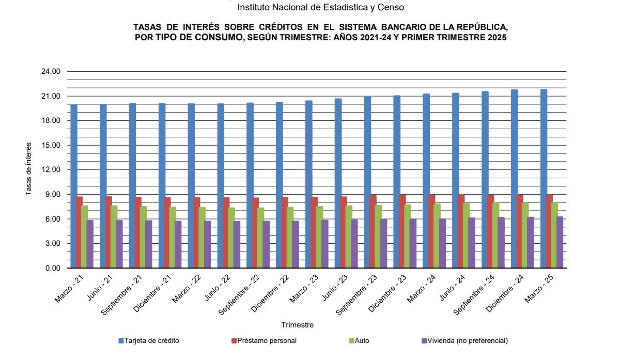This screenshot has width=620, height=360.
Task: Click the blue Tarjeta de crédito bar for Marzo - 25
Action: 544,178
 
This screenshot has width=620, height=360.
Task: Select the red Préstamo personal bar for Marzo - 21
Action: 80,232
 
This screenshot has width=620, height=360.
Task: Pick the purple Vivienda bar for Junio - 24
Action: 471,243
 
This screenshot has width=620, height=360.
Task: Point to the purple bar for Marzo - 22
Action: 207,244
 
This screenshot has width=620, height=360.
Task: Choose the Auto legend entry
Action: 362,341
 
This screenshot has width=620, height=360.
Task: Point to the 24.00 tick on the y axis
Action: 51,72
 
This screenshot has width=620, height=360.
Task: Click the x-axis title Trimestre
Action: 297,325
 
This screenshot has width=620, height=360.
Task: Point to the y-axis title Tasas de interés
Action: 29,169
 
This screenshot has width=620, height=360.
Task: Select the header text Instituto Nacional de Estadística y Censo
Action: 320,7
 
